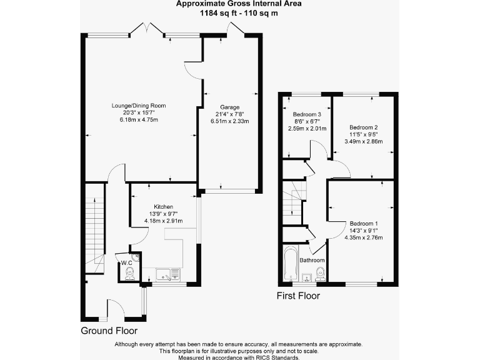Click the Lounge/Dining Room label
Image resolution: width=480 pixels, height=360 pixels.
139,105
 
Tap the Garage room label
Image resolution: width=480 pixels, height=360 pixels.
229,107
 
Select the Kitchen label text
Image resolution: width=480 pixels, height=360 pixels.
164,207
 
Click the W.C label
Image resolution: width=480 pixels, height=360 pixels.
126,262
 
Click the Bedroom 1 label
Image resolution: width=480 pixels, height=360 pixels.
363,223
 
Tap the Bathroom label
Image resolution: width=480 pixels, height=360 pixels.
312,260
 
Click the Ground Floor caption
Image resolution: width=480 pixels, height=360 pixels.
109,331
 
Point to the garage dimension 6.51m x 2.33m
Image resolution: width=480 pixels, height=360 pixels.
229,121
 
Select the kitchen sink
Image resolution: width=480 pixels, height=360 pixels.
166,273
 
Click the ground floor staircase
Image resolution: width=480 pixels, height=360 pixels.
95,225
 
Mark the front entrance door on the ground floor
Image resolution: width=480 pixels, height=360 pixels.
116,307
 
